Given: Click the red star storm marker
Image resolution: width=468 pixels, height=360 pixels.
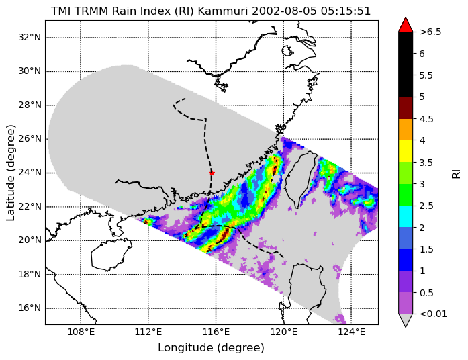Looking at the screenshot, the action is pos(212,173).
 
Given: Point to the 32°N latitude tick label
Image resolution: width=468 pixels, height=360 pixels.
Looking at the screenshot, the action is pos(30,38).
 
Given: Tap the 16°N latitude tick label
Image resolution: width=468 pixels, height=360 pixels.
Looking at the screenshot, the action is pos(30,308).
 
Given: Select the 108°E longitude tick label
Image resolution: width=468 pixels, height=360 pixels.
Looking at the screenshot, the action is pos(81,332).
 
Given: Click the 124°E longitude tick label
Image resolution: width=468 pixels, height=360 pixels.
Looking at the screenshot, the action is pos(351,332).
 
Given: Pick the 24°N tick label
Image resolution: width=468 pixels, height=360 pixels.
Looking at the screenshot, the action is pos(30,173).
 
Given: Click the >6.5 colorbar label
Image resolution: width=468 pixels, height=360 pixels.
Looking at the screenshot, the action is pos(430,32).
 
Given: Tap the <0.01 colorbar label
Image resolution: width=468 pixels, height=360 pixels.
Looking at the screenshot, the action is pos(433,314).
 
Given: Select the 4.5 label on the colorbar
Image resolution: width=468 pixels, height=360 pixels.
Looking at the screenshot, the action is pos(426,119).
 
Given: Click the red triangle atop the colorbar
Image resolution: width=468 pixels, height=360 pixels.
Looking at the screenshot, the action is pos(406,25).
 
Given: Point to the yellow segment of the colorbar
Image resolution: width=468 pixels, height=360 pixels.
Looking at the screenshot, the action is pos(406,151).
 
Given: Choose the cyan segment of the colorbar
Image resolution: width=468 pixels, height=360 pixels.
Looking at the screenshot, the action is pos(406,216).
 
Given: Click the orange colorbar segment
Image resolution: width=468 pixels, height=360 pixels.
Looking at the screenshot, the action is pos(406,130).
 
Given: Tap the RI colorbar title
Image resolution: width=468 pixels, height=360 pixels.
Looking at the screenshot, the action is pos(457,173).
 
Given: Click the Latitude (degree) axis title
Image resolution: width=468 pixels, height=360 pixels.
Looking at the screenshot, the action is pos(10,173).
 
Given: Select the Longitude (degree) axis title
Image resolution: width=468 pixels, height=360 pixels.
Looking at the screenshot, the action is pos(211,348).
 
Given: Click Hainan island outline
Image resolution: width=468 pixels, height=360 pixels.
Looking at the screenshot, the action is pos(111,255).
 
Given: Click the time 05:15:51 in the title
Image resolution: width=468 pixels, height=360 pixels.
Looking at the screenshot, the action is pos(346,11).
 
